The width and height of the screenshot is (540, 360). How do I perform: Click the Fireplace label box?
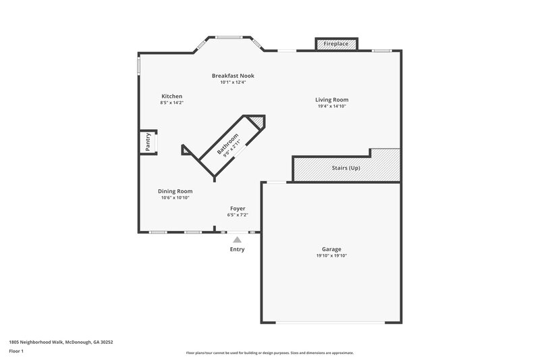336,44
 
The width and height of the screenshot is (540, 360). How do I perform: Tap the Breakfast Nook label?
233,76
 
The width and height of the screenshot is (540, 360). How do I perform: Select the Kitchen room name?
171,96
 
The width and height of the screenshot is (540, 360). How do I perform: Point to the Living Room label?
332,100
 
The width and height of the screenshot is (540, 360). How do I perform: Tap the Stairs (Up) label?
345,167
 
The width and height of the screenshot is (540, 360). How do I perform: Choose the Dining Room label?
175,191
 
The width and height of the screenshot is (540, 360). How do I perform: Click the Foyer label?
238,209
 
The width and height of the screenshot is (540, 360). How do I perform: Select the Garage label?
331,249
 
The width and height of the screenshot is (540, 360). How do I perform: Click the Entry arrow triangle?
237,238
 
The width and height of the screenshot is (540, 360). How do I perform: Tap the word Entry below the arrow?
237,249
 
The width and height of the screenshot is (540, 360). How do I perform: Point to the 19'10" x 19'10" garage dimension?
331,256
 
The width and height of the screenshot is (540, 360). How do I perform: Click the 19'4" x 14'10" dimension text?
332,107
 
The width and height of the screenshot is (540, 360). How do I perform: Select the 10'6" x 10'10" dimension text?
175,198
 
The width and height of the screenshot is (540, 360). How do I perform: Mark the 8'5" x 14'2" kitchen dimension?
171,103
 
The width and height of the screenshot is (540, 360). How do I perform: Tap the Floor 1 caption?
16,351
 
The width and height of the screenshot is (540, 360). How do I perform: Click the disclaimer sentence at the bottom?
269,353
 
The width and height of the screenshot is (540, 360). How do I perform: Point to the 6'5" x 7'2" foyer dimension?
238,215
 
